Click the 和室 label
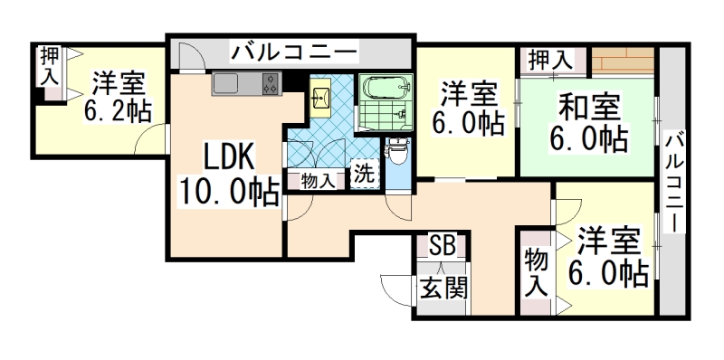pos(588,107)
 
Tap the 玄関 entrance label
pos(443,289)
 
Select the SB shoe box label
pos(443,246)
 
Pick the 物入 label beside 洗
pos(318,179)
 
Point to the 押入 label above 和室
pos(550,61)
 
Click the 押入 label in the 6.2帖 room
pos(48,68)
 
